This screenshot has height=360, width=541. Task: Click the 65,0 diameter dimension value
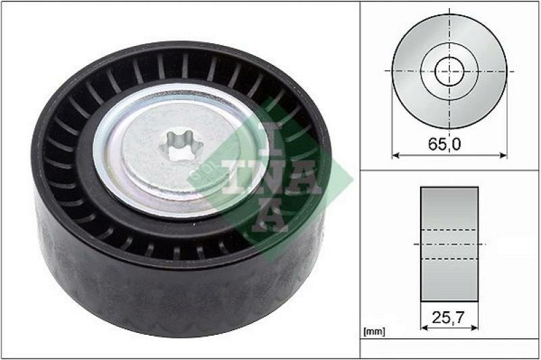[x=448, y=143]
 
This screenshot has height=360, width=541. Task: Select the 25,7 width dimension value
[x=449, y=315]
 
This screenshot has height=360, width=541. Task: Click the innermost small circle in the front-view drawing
[x=448, y=70]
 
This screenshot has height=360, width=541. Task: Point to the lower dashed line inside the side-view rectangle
[x=449, y=258]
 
